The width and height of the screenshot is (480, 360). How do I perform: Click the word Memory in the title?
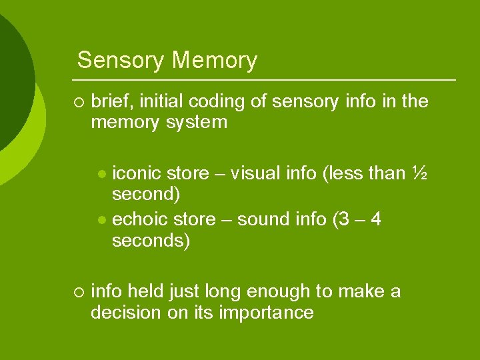(x=214, y=61)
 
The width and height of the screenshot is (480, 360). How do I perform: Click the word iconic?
(x=137, y=173)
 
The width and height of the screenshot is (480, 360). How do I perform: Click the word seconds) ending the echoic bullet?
(x=151, y=241)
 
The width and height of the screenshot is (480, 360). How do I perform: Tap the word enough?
(x=274, y=291)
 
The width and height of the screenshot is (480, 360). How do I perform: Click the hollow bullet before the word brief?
(x=79, y=102)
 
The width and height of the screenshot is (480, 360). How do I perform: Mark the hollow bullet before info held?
(x=79, y=292)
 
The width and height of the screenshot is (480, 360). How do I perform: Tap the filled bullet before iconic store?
(x=101, y=174)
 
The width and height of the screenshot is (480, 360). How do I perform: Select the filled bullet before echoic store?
(x=101, y=220)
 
